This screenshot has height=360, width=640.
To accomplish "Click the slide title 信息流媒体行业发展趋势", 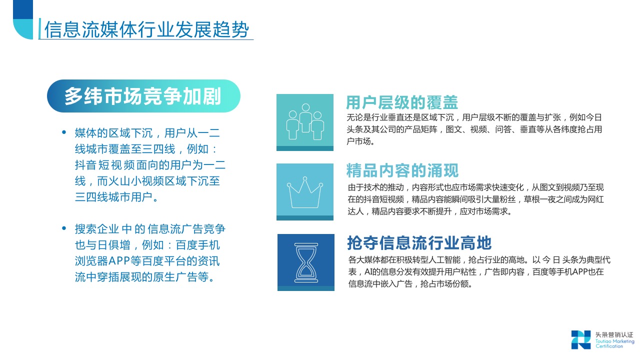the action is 147,29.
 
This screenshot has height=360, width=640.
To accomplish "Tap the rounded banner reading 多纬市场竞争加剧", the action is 143,96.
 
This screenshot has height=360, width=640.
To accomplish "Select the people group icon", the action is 305,121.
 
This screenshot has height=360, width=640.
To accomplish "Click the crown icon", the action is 304,192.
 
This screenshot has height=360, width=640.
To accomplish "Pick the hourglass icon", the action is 306,262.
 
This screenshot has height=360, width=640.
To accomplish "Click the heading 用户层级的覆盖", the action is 402,102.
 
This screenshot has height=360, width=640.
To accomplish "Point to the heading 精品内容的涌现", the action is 402,170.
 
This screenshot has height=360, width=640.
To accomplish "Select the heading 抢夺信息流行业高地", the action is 419,243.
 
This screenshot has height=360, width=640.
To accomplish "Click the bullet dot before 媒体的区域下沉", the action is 64,132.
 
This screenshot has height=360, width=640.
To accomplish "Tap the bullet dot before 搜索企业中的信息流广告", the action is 64,228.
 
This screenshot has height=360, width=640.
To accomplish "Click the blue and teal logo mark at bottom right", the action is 581,339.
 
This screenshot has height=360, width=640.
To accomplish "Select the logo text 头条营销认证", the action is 614,334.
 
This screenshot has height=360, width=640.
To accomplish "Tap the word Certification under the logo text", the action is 609,346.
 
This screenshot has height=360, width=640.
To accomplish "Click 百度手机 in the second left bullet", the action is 197,245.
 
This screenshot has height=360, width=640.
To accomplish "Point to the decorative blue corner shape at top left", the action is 23,19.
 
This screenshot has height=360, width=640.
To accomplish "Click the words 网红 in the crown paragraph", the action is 595,199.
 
